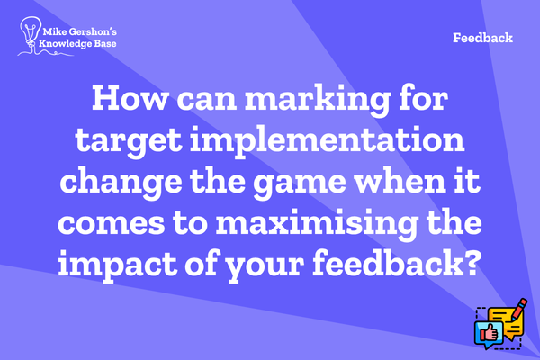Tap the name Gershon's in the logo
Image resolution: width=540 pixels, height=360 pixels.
93,32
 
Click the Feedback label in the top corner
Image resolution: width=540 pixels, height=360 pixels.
482,38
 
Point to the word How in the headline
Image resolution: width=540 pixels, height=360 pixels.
129,98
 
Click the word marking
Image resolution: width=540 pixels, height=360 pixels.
318,100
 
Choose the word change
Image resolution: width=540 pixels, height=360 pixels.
121,182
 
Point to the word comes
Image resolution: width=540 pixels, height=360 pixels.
112,223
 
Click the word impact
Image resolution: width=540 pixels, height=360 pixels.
117,265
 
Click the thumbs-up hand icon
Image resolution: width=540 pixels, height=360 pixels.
490,332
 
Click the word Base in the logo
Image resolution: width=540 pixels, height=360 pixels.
105,44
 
